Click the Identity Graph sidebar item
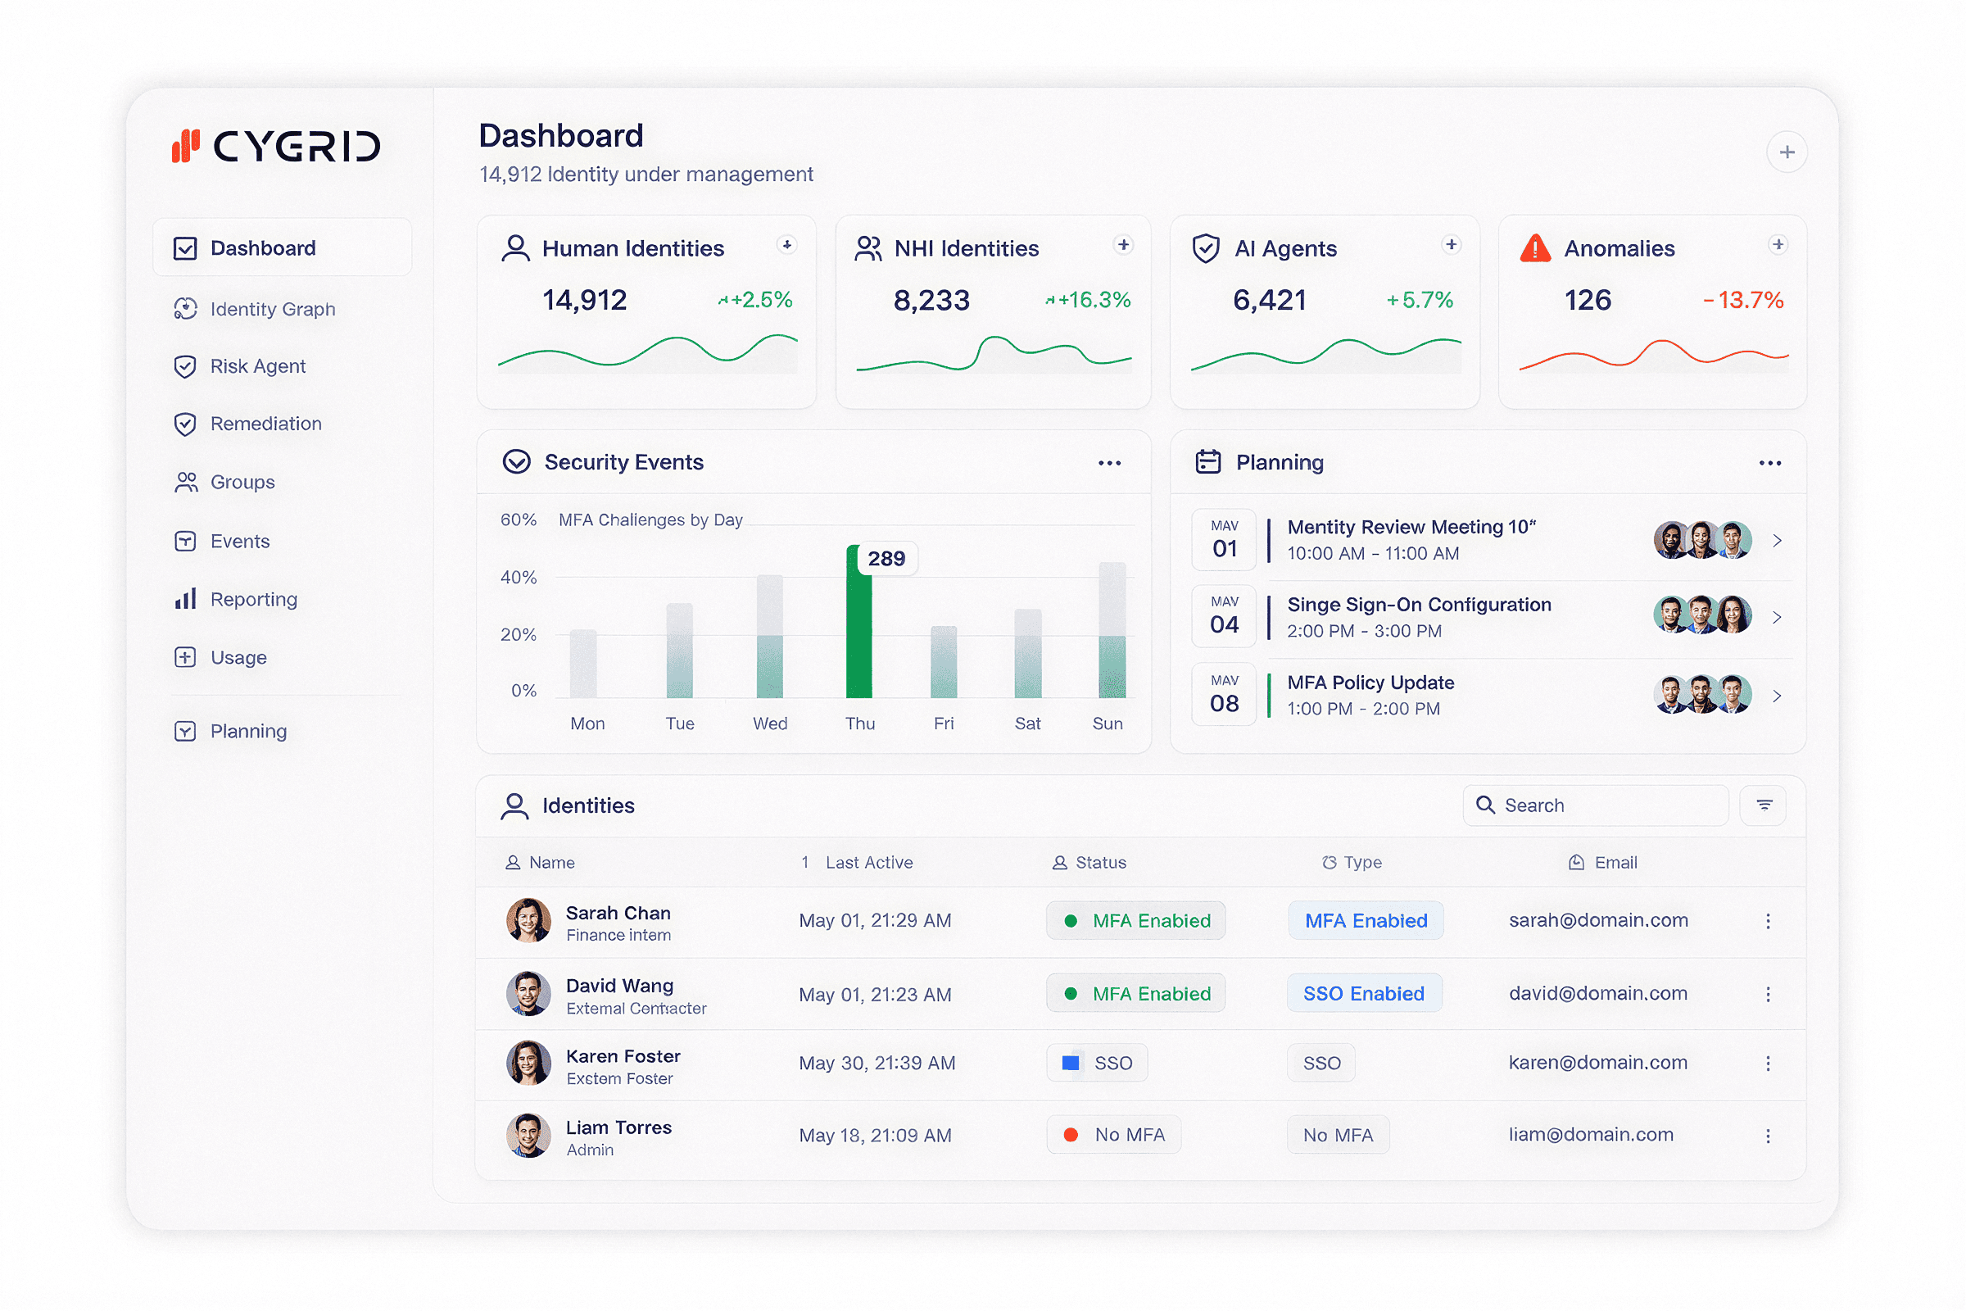[x=272, y=310]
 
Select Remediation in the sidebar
[x=265, y=424]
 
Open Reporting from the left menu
[x=252, y=600]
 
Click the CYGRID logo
[x=277, y=147]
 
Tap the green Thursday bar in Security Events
[x=858, y=627]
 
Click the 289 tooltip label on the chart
[x=886, y=559]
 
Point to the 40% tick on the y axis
[x=519, y=578]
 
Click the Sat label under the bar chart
[x=1027, y=724]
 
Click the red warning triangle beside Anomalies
[x=1534, y=249]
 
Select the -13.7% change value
[x=1743, y=300]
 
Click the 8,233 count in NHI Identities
[x=931, y=300]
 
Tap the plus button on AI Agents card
[x=1451, y=245]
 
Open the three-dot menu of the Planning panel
[x=1769, y=463]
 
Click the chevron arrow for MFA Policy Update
[x=1777, y=696]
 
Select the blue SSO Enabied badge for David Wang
[x=1363, y=994]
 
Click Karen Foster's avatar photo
[x=528, y=1064]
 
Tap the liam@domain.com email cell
[x=1590, y=1136]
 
